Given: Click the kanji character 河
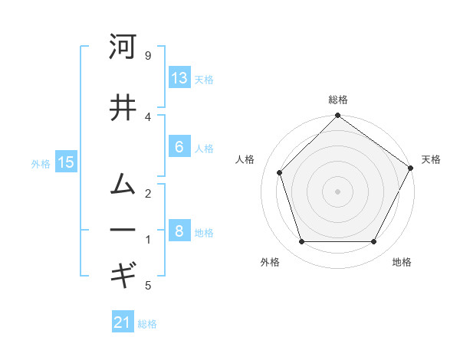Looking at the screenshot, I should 123,47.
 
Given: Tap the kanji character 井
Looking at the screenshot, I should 123,108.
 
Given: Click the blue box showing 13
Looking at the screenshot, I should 179,78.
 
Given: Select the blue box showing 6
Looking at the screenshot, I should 179,147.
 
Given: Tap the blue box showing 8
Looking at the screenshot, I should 179,231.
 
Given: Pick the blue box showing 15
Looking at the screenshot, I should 66,162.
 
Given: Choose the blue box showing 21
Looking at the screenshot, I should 123,322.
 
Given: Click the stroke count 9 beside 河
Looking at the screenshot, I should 148,56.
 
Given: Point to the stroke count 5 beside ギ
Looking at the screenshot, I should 148,286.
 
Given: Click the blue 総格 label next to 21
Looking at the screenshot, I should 147,324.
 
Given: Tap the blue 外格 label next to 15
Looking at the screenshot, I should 41,163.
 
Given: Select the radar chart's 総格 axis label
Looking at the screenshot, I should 338,100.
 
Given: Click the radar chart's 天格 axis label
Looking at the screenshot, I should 431,159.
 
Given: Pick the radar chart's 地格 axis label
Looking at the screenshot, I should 402,262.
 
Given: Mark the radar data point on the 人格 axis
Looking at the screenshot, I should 280,172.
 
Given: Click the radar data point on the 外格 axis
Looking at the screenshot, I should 301,242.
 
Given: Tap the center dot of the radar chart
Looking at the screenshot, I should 337,191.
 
